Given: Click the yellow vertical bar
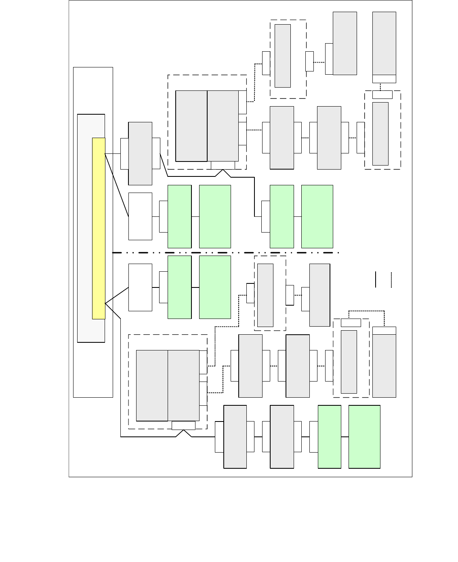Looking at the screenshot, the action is (x=99, y=229).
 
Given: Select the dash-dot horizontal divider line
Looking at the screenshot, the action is (x=226, y=253).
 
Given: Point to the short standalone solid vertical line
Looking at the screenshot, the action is (x=376, y=280).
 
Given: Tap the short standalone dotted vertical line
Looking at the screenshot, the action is (x=391, y=280).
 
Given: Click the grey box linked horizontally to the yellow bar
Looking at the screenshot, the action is (x=140, y=153).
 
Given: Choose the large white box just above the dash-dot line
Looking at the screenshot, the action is (x=140, y=216).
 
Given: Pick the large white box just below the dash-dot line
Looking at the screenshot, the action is (x=140, y=287).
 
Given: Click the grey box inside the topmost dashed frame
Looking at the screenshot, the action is (x=282, y=56).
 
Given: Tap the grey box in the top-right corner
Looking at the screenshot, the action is (x=384, y=43).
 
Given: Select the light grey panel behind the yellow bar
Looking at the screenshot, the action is (x=85, y=229).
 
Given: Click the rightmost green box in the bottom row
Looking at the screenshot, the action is (x=364, y=437).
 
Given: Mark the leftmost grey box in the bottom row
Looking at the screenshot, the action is (x=235, y=437).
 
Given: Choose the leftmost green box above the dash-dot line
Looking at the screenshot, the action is (x=179, y=216).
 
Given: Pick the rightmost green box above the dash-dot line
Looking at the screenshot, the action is (x=317, y=216).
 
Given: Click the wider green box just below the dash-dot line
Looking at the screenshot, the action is (x=215, y=287).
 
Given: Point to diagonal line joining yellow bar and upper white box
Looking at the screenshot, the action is (x=117, y=185).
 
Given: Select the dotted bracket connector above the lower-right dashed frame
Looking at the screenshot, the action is (x=367, y=311).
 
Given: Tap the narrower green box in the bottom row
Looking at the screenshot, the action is (x=330, y=437).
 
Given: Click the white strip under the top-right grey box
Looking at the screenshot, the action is (x=384, y=79).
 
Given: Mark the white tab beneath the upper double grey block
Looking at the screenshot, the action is (x=223, y=166).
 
